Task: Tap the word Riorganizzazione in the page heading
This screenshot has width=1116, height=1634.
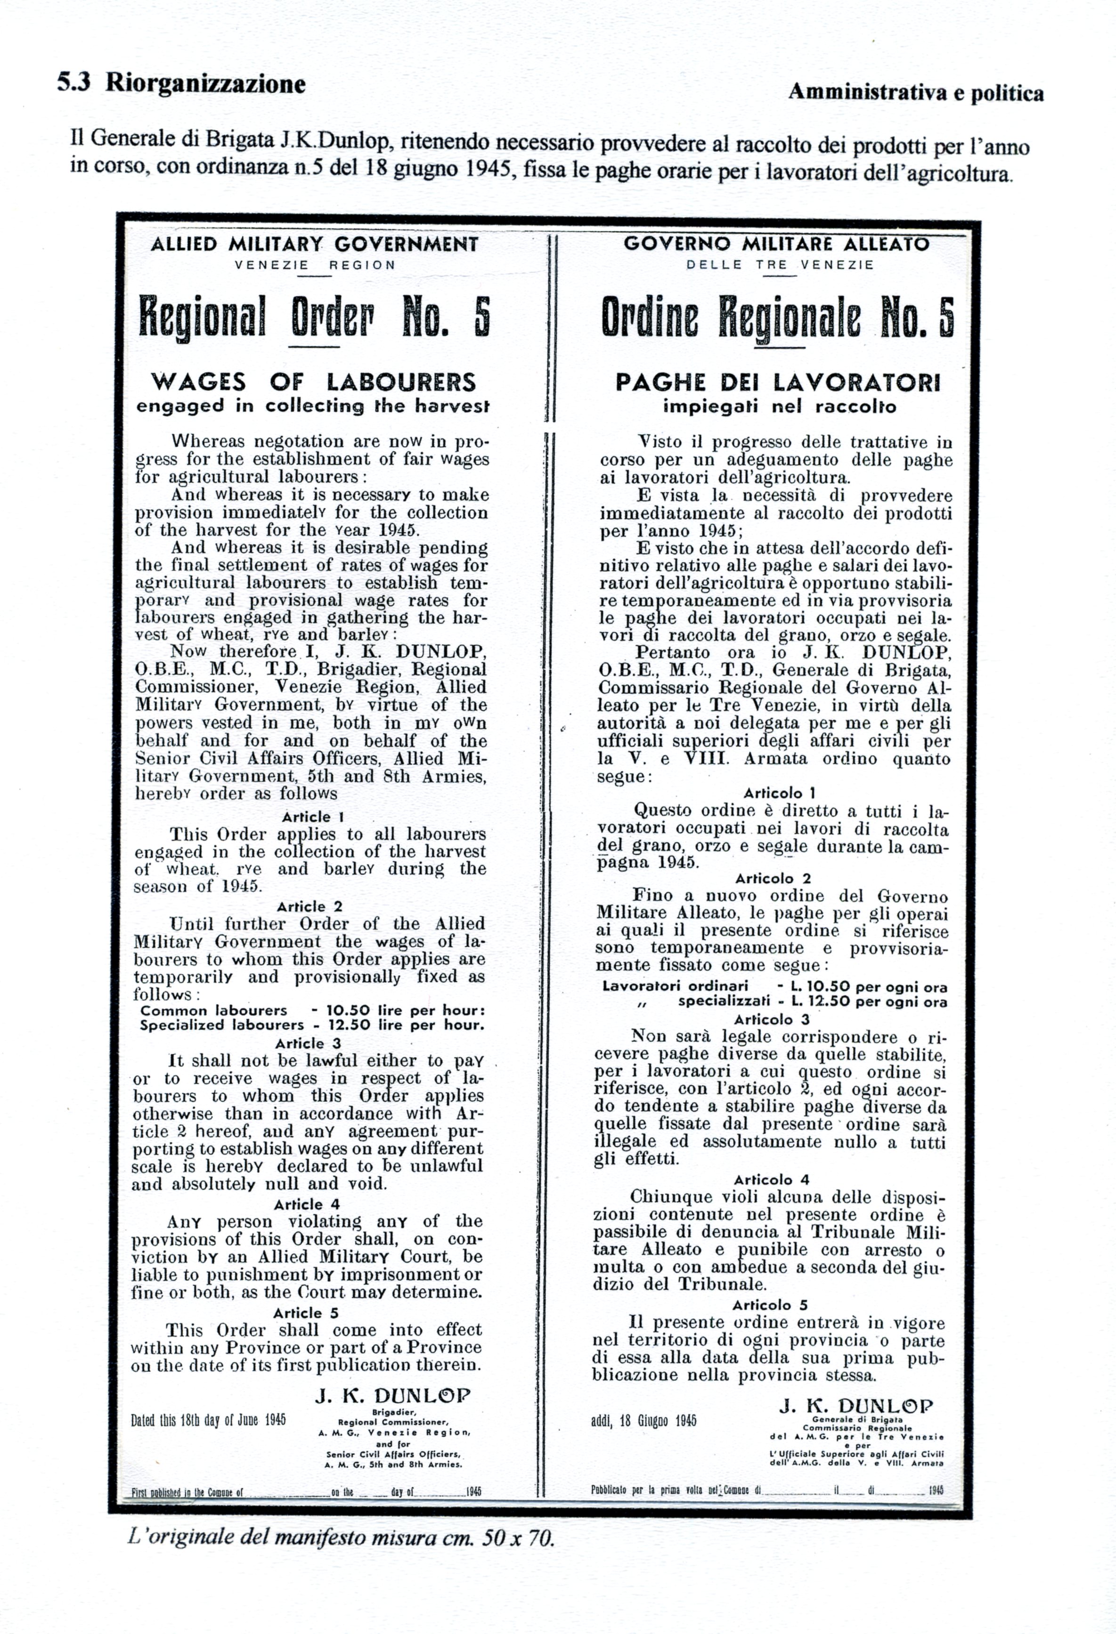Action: (205, 84)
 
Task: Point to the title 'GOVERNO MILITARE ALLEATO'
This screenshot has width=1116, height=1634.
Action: (776, 244)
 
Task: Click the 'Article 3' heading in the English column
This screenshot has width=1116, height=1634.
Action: (308, 1043)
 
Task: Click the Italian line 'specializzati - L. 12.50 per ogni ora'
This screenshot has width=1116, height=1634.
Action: (812, 1001)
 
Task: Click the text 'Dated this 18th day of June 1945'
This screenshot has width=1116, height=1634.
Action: (208, 1420)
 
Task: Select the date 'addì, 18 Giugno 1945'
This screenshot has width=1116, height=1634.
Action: (644, 1420)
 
